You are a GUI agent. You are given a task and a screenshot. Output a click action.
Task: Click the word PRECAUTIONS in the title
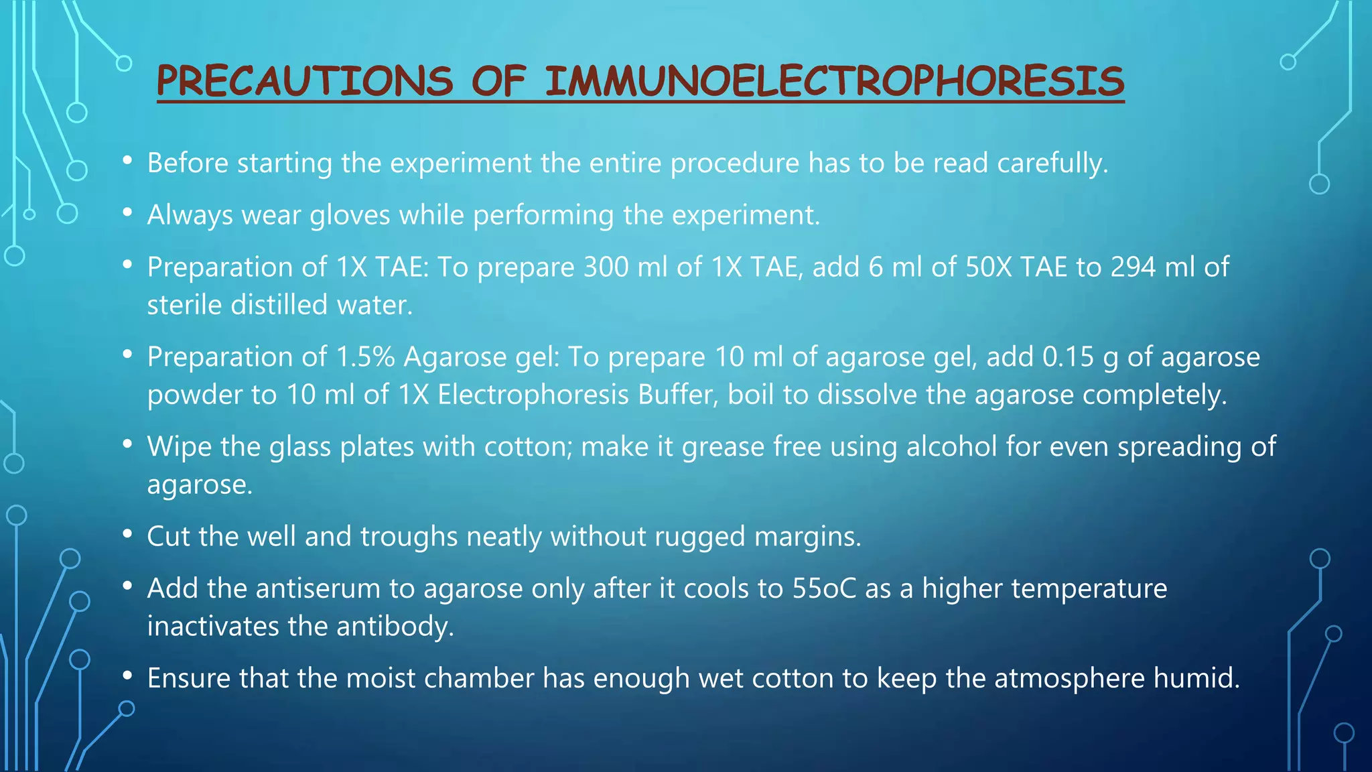coord(304,82)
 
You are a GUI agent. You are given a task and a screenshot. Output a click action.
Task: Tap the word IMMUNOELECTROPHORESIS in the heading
coord(834,82)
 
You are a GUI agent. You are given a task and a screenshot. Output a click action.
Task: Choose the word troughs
coord(409,537)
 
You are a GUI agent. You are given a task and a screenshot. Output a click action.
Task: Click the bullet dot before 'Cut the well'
coord(127,535)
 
